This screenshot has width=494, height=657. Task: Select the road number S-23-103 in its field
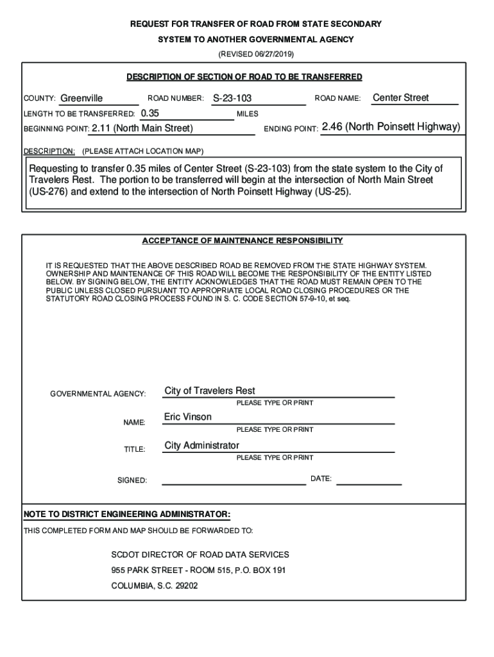tap(232, 99)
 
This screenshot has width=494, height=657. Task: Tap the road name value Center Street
tap(401, 98)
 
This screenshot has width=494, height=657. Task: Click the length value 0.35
tap(149, 113)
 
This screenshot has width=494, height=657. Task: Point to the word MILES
tap(247, 114)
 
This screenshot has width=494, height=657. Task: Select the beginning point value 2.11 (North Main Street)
tap(142, 128)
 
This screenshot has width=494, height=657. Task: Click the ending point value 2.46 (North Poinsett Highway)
tap(391, 127)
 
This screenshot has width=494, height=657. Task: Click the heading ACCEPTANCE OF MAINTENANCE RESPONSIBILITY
tap(242, 241)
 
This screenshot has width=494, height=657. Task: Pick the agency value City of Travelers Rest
tap(210, 391)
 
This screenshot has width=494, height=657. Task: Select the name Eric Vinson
tap(187, 417)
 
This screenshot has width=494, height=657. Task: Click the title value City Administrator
tap(202, 445)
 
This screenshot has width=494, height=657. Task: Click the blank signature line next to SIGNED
tap(234, 480)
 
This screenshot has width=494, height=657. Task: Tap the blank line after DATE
tap(369, 480)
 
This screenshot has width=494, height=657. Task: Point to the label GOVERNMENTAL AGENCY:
tap(98, 393)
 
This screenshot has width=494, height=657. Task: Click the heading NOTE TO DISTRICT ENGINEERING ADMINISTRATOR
tap(126, 515)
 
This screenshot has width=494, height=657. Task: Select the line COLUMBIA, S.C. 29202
tap(155, 586)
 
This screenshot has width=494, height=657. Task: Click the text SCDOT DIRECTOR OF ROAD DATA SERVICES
tap(200, 554)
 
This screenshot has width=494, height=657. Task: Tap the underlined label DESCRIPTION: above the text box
tap(49, 151)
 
